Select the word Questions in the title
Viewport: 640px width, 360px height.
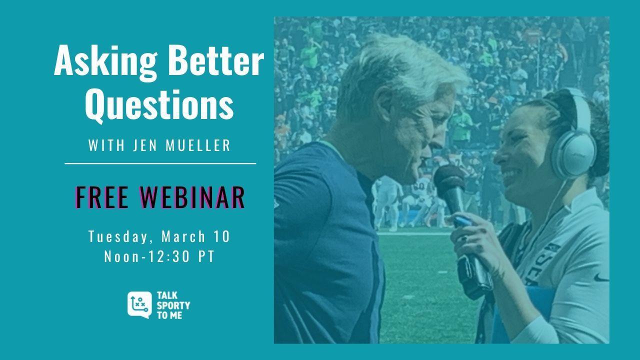[159, 105]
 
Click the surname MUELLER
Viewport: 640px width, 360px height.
[198, 145]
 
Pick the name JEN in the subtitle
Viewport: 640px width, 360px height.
[145, 145]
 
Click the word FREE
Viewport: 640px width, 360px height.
[102, 197]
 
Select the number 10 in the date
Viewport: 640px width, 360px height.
[221, 236]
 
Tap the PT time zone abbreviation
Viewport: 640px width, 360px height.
[206, 256]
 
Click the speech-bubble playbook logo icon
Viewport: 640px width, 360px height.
[139, 305]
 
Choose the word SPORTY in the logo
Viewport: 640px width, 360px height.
[173, 305]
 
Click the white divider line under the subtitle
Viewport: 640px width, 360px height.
[160, 163]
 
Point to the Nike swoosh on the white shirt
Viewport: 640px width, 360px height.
[601, 277]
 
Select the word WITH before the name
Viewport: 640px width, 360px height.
[106, 145]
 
